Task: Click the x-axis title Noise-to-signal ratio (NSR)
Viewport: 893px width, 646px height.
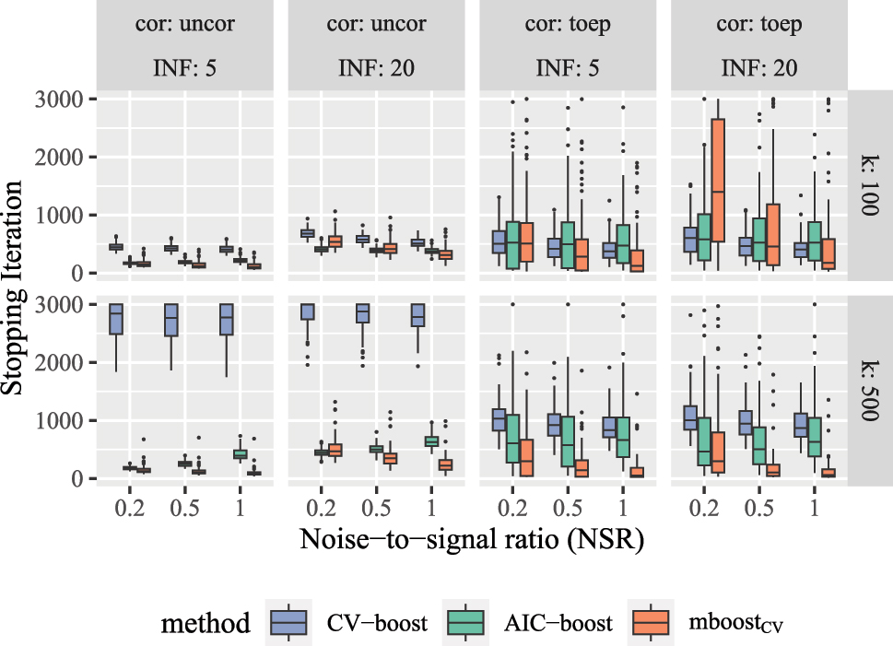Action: click(471, 537)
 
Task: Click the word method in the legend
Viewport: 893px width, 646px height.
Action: click(206, 624)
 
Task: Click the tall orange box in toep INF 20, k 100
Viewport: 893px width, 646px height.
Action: click(719, 180)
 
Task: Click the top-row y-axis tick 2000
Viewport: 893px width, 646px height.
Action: click(64, 157)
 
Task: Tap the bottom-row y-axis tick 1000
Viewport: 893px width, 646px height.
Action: click(64, 421)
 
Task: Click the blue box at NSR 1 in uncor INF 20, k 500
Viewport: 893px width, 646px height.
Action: click(417, 314)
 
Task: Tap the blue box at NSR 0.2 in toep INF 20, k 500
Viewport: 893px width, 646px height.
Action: click(690, 417)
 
